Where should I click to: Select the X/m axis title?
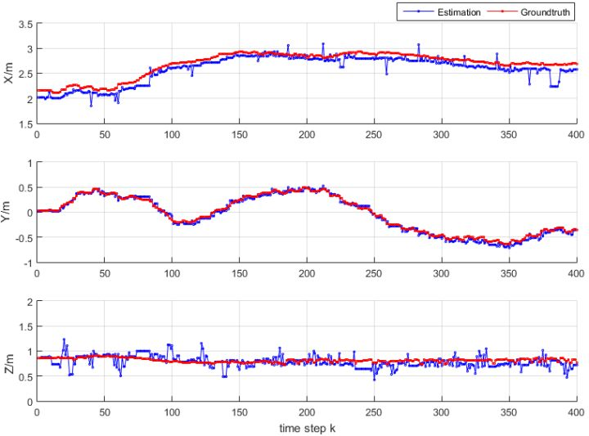pos(9,74)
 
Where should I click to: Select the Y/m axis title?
pos(9,213)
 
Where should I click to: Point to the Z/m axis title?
pos(9,352)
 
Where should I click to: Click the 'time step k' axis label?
pos(306,428)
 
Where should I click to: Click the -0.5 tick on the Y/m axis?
pos(25,238)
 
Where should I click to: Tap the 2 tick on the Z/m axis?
pos(29,302)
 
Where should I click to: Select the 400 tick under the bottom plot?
pos(574,413)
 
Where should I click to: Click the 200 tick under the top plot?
pos(306,135)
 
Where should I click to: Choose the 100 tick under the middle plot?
pos(172,274)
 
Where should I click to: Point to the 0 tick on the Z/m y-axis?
pos(29,402)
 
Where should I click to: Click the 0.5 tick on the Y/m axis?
pos(25,188)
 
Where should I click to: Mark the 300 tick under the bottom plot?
pos(440,413)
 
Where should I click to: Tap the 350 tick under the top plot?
pos(507,135)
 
